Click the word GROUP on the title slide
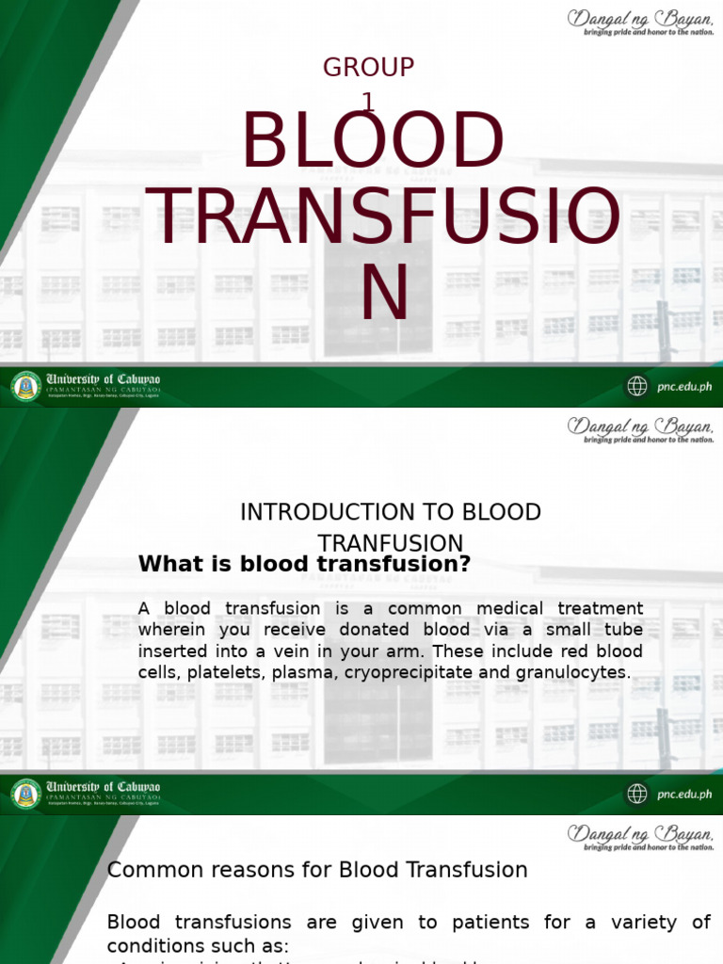368,68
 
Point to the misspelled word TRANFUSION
391,544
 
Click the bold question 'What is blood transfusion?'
304,564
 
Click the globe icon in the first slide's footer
637,386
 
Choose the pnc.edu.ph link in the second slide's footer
683,795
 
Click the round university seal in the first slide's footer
26,386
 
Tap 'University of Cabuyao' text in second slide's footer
104,786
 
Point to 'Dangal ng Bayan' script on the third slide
640,833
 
